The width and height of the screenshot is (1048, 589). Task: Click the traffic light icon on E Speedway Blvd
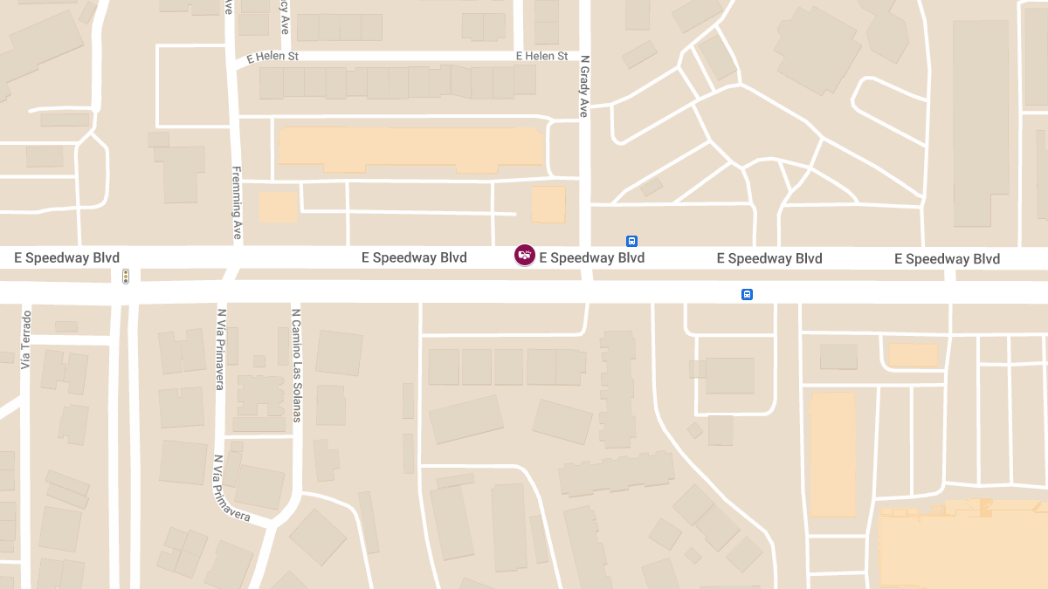pos(126,277)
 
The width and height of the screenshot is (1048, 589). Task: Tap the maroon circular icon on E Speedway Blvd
pos(525,255)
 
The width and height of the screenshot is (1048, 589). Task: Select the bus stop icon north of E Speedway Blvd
pos(631,241)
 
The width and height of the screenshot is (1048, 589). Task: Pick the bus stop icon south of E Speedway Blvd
pos(747,295)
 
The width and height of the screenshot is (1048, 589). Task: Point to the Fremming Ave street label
pos(237,202)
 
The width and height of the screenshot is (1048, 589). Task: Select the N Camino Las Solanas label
pos(296,365)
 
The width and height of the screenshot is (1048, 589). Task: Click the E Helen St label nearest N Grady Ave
pos(541,56)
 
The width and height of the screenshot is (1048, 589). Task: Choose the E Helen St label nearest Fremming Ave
pos(272,57)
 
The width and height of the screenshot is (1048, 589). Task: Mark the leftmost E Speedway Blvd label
pos(66,257)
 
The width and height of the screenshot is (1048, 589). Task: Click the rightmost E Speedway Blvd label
pos(947,259)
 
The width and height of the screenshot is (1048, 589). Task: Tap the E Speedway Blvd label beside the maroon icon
pos(592,257)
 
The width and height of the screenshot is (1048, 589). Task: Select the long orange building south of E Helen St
pos(410,148)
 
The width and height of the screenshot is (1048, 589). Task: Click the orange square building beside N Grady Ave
pos(548,205)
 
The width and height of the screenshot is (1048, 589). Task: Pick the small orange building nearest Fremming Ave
pos(279,207)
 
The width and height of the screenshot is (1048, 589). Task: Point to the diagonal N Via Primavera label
pos(231,488)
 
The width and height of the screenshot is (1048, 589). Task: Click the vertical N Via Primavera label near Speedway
pos(221,349)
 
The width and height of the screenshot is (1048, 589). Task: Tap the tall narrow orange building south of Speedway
pos(832,454)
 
